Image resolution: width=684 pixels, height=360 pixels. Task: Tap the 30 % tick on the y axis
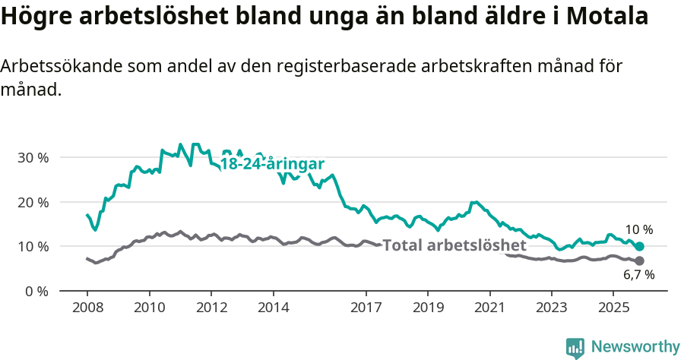coord(33,158)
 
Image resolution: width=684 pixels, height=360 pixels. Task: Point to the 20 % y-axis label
coord(33,202)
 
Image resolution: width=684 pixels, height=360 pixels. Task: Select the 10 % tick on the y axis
coord(33,247)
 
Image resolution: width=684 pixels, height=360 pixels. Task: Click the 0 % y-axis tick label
coord(36,291)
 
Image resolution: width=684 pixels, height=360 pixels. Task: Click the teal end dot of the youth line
coord(639,247)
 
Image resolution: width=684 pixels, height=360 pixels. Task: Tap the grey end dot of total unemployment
coord(639,261)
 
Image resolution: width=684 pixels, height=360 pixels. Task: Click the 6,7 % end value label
coord(638,276)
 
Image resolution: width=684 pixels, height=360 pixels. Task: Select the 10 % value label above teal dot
coord(638,230)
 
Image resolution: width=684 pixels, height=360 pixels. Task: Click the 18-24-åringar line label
coord(272,165)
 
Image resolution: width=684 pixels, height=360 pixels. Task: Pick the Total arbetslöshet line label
coord(454,245)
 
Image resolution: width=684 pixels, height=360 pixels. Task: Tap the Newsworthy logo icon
coord(575,347)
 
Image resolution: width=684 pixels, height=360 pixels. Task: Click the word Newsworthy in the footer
coord(635,347)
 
